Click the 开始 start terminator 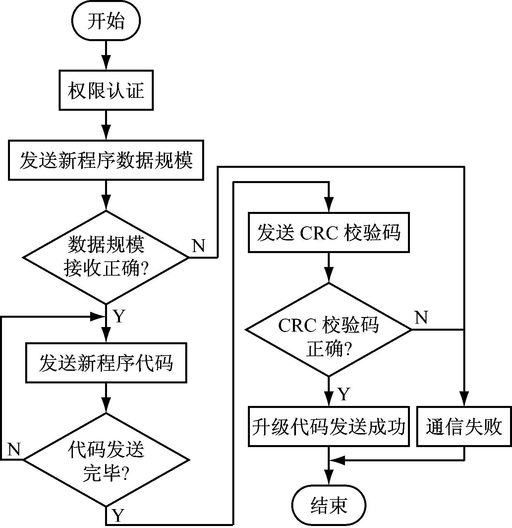click(106, 21)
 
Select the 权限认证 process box click(106, 90)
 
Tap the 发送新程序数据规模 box click(106, 161)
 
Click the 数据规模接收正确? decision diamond click(106, 257)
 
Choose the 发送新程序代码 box click(106, 363)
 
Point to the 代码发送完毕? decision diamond click(106, 460)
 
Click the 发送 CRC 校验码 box click(329, 232)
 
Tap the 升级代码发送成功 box click(328, 426)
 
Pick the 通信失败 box click(464, 426)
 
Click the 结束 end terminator click(329, 505)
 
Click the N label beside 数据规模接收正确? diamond click(199, 246)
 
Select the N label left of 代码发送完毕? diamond click(14, 449)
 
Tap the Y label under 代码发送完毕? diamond click(118, 515)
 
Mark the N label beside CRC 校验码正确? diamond click(421, 317)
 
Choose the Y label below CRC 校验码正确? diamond click(344, 394)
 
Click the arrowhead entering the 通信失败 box click(464, 400)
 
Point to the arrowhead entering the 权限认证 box click(106, 63)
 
